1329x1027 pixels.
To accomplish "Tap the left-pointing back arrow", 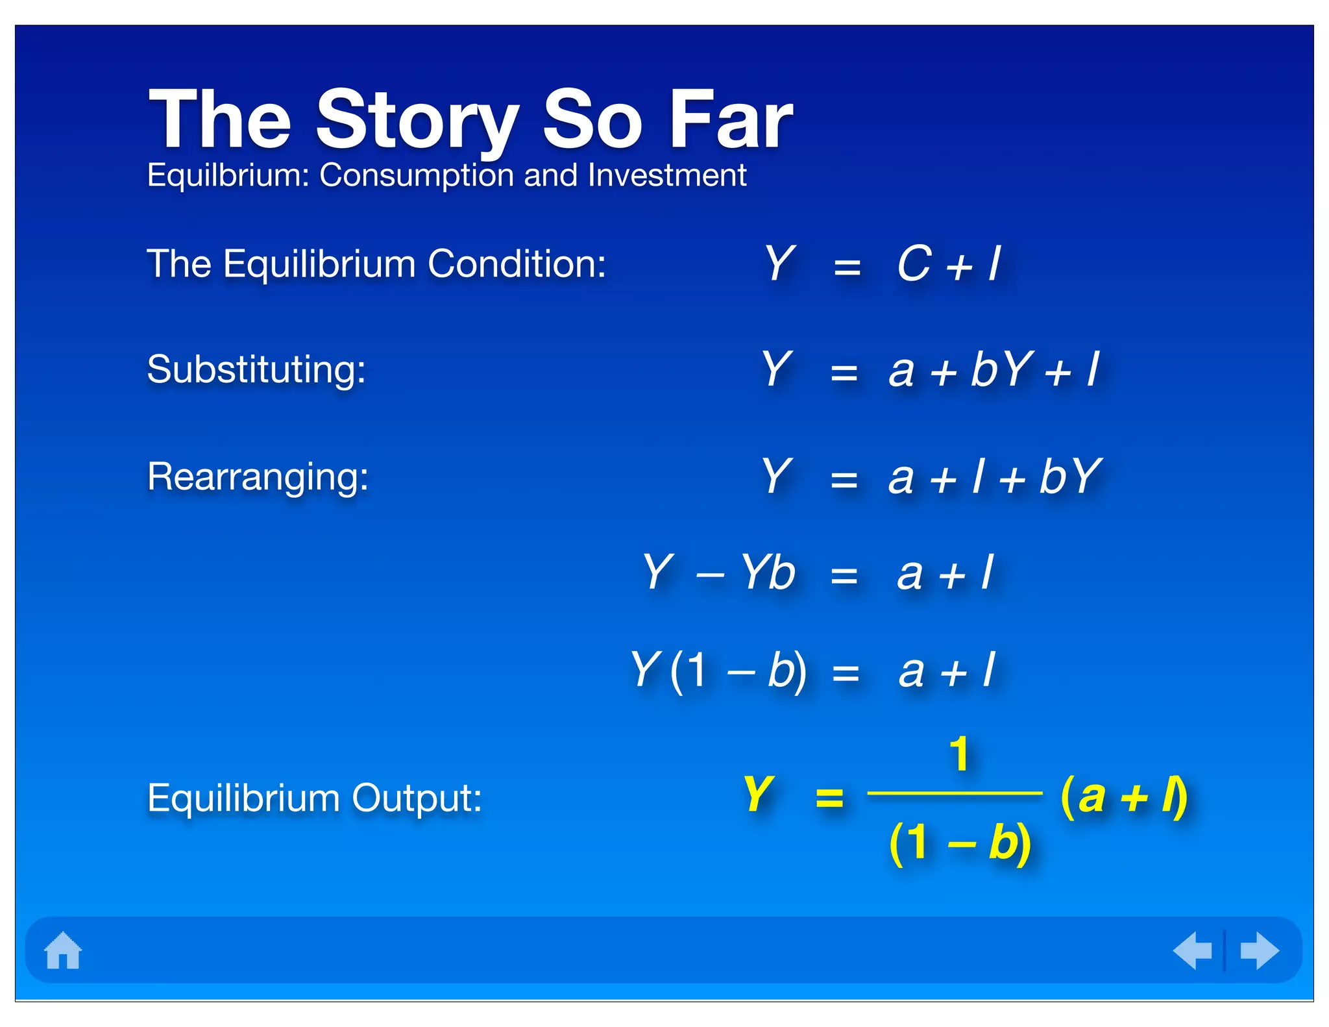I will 1193,950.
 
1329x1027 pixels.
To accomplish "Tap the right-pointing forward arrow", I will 1259,950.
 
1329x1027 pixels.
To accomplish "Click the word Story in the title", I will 417,121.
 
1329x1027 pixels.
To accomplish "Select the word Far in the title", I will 729,119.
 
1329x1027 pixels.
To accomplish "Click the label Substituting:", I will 256,369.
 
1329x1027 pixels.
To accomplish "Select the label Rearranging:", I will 258,476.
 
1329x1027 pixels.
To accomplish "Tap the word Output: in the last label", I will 416,798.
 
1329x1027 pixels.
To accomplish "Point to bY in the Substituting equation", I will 1001,369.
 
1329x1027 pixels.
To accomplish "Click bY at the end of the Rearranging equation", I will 1070,476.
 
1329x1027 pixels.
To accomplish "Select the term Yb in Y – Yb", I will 768,573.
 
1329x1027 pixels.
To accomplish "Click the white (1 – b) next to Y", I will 738,670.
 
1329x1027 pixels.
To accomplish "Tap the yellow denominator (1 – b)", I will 960,843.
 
